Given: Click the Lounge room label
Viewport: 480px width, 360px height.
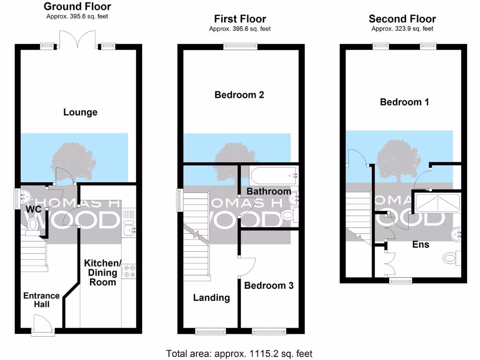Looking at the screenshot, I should [x=80, y=112].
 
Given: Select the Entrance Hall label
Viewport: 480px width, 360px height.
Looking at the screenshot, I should [x=42, y=300].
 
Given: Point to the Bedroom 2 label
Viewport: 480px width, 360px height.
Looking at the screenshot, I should [x=239, y=95].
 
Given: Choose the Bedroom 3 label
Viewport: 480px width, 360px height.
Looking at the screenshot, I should [x=269, y=285].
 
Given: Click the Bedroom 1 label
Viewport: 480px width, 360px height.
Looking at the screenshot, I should [x=404, y=102].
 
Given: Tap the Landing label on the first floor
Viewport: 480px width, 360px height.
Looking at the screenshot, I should [x=211, y=298].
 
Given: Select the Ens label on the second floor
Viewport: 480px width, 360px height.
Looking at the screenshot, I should [x=420, y=244].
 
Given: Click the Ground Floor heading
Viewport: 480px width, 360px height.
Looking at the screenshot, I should [x=77, y=7].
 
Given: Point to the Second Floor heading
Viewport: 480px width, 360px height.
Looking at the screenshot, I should [x=402, y=19].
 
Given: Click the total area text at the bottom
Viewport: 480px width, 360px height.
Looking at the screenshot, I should [x=240, y=353].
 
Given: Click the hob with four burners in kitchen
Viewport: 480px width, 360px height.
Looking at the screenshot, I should [x=128, y=271].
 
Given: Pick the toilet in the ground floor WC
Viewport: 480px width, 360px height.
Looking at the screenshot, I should [x=33, y=225].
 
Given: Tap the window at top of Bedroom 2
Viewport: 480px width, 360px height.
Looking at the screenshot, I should [x=240, y=45].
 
